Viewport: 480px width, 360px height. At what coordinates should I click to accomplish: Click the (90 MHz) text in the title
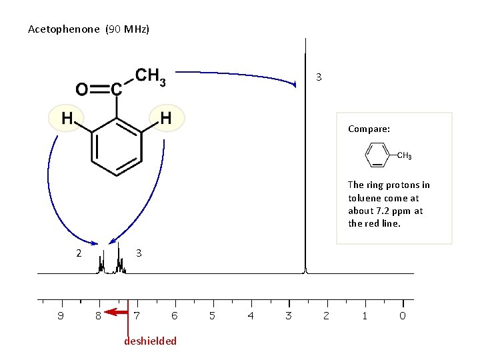(x=127, y=29)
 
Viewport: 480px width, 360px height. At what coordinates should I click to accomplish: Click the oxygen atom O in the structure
(x=81, y=89)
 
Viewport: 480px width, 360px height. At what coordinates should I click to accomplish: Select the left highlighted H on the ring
(x=67, y=118)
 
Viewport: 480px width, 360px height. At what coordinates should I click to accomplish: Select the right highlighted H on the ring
(x=166, y=118)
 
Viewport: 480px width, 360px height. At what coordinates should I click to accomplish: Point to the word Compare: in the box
(x=369, y=129)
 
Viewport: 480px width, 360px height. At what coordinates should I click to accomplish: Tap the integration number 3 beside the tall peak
(x=319, y=77)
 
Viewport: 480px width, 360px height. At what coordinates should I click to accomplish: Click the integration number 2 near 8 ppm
(x=78, y=253)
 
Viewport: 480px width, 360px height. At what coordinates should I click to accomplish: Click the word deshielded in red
(x=151, y=341)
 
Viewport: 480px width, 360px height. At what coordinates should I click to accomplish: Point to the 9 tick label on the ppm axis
(x=61, y=316)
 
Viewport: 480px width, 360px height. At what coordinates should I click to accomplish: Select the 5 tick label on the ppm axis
(x=213, y=316)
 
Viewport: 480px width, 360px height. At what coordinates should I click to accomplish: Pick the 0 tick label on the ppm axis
(x=402, y=316)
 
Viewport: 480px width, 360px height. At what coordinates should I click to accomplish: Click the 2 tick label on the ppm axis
(x=326, y=316)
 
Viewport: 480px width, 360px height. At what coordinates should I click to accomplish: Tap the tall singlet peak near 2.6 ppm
(x=305, y=167)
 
